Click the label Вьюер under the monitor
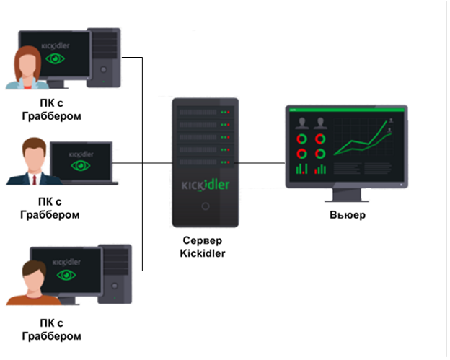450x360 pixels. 347,215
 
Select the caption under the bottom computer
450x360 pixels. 50,330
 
